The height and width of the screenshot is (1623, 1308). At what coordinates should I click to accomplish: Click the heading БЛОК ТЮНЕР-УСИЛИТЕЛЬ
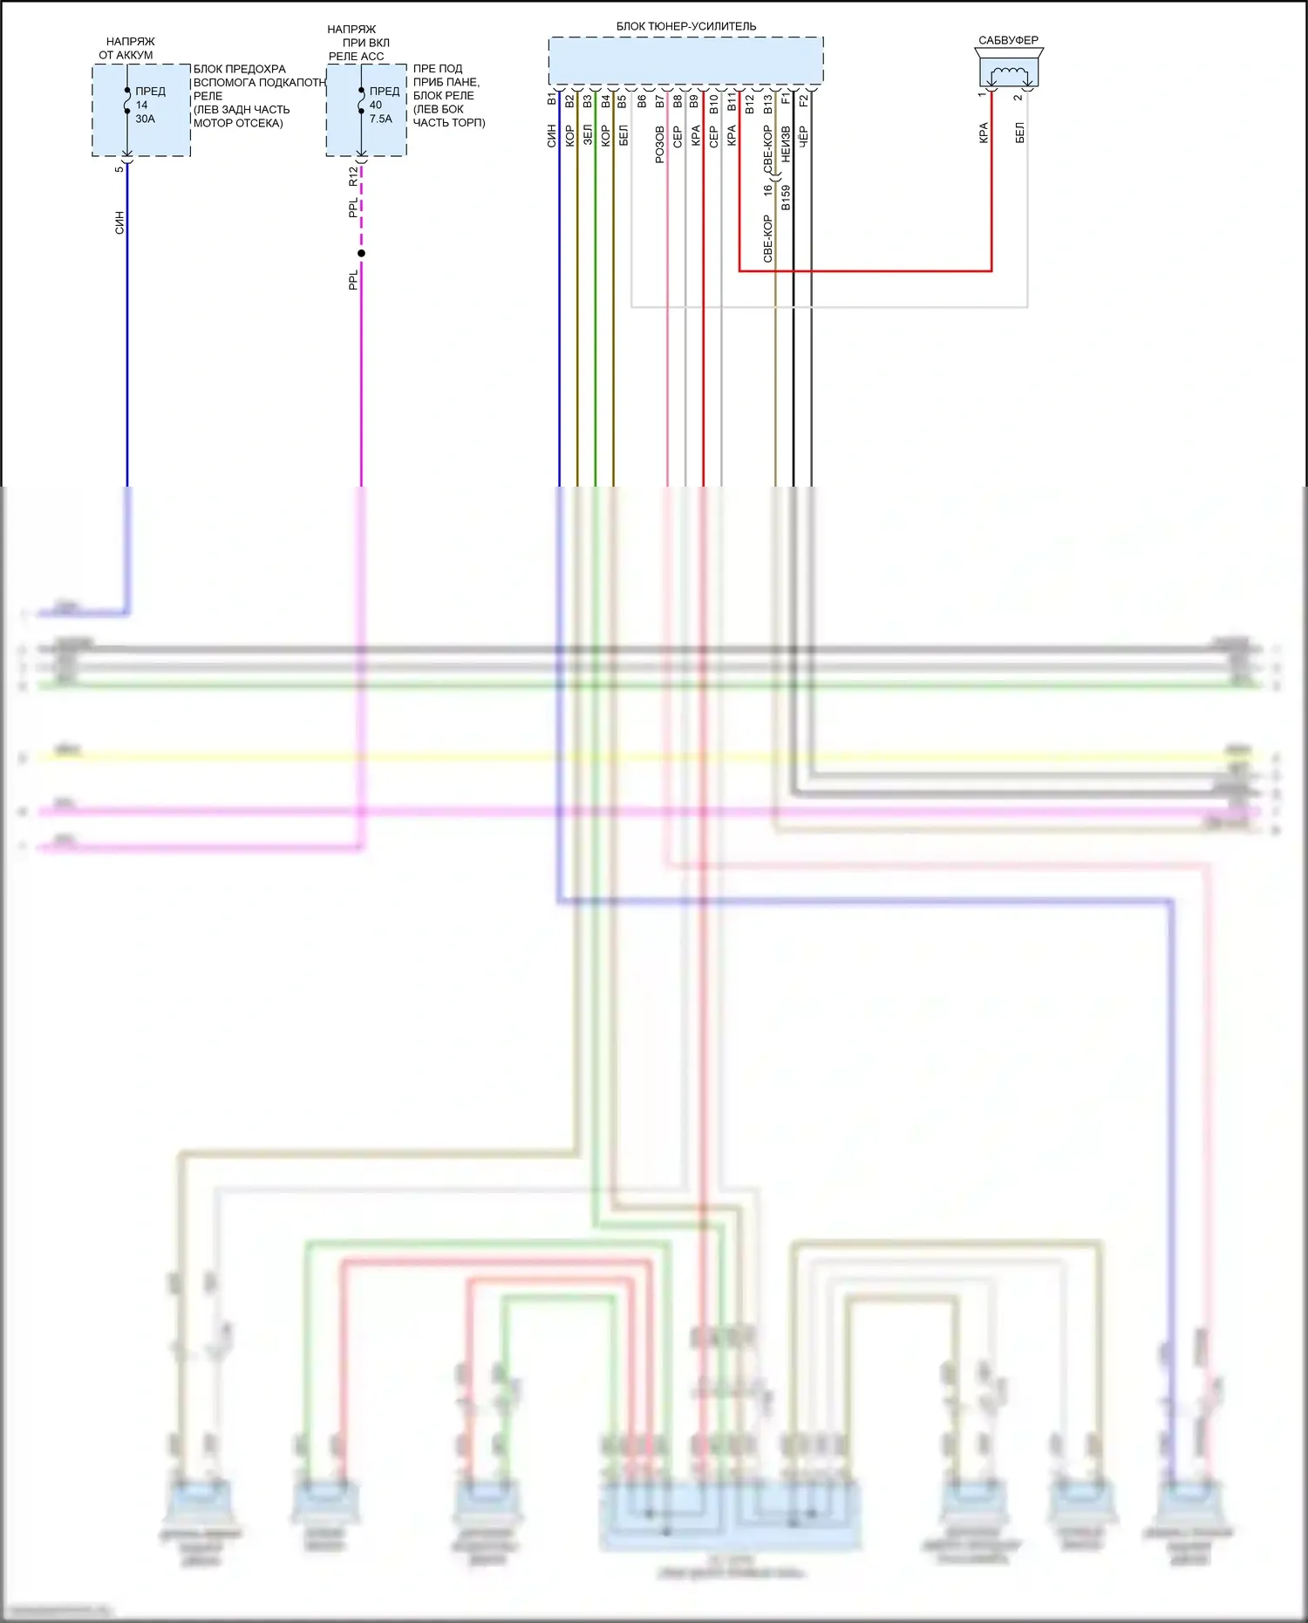pyautogui.click(x=686, y=26)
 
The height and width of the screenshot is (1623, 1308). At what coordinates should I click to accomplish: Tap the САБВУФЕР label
pyautogui.click(x=1008, y=40)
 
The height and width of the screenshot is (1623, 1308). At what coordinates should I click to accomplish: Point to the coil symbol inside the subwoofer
pyautogui.click(x=1009, y=73)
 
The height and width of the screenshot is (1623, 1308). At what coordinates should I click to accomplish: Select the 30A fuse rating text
pyautogui.click(x=145, y=119)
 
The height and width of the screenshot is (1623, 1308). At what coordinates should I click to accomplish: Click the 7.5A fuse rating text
pyautogui.click(x=381, y=119)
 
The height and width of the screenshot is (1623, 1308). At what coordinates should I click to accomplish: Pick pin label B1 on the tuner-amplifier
pyautogui.click(x=552, y=99)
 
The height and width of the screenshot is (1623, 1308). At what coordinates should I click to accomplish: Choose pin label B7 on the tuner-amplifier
pyautogui.click(x=660, y=101)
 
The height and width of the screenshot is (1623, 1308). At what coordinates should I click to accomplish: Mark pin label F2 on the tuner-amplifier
pyautogui.click(x=804, y=99)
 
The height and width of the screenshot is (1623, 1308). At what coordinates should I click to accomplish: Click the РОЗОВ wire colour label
pyautogui.click(x=660, y=144)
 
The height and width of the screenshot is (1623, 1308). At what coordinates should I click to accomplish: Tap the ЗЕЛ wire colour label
pyautogui.click(x=588, y=135)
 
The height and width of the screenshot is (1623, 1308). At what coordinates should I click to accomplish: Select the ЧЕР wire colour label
pyautogui.click(x=804, y=135)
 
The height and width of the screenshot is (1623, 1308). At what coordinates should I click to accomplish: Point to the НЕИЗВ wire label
pyautogui.click(x=786, y=144)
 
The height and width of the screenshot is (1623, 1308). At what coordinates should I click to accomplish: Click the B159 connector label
pyautogui.click(x=786, y=198)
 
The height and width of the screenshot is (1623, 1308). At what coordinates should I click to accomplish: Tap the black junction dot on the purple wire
pyautogui.click(x=361, y=253)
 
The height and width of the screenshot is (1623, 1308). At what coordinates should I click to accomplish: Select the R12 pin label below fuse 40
pyautogui.click(x=353, y=176)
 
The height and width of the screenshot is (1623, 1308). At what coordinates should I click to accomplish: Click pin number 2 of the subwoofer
pyautogui.click(x=1018, y=97)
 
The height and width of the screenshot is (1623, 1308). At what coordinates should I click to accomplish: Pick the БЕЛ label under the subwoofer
pyautogui.click(x=1019, y=133)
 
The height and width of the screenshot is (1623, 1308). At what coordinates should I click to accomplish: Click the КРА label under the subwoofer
pyautogui.click(x=984, y=133)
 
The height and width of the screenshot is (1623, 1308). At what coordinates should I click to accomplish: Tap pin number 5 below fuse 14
pyautogui.click(x=119, y=169)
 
